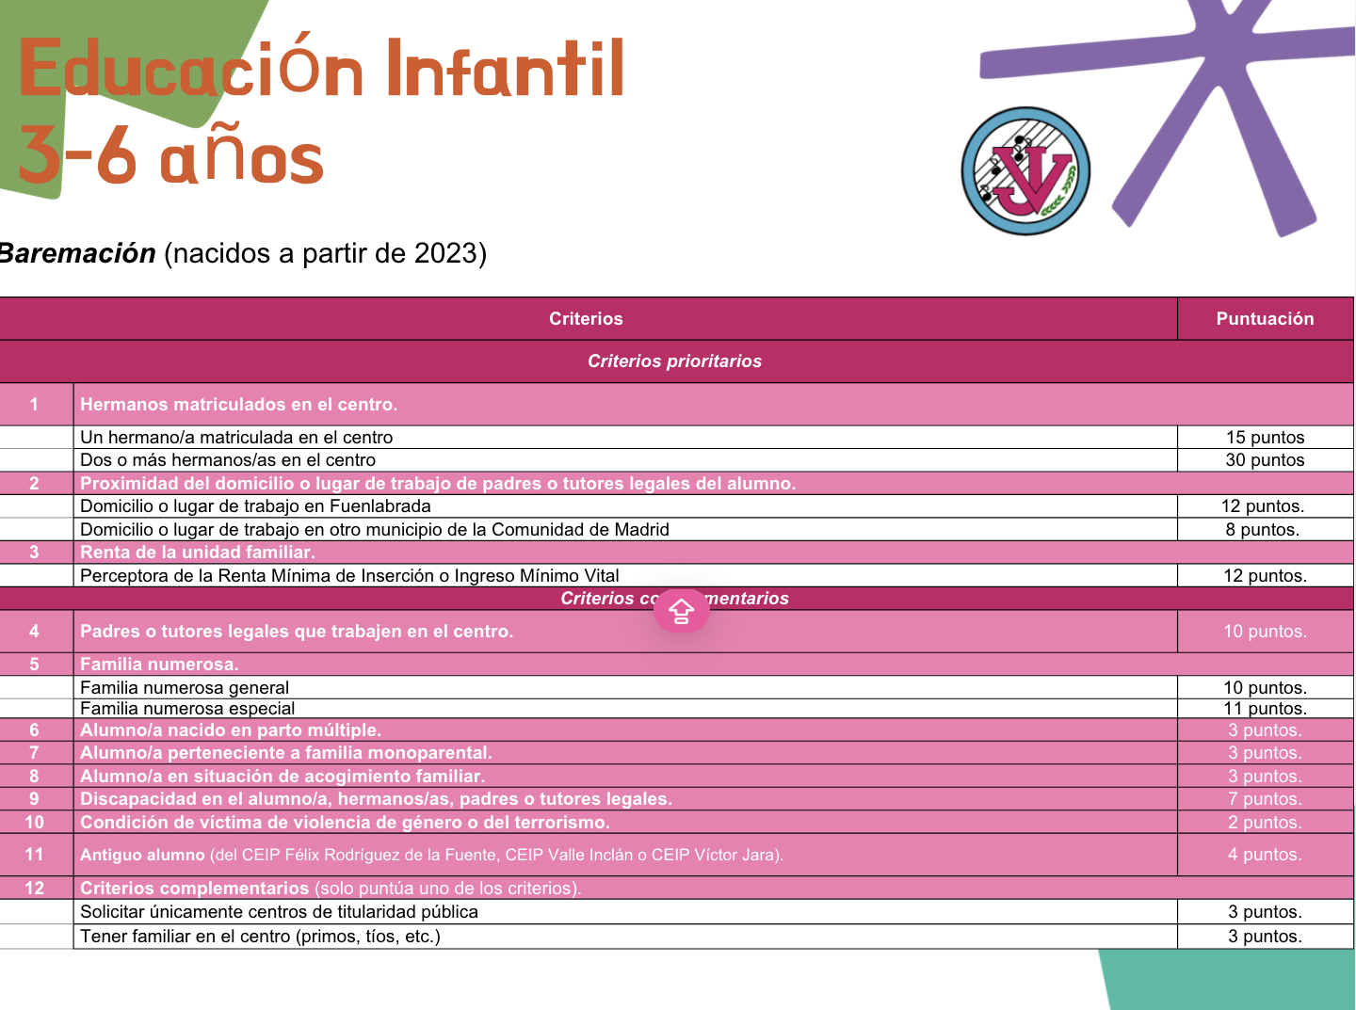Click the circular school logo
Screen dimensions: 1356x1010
[1025, 171]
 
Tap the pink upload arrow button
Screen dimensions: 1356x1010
[681, 610]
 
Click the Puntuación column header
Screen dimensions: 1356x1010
[1265, 318]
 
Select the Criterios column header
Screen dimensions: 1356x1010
[586, 318]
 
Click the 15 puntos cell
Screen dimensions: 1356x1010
[1265, 437]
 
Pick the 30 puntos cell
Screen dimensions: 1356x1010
[1265, 459]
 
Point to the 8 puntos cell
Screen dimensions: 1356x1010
[1262, 529]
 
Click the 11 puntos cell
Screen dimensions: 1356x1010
[1265, 709]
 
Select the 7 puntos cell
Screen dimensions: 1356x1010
[1265, 798]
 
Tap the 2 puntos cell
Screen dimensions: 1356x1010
[1265, 823]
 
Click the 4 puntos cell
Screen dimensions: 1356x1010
[1265, 854]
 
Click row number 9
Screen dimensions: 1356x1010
[34, 798]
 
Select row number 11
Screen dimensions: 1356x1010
[34, 854]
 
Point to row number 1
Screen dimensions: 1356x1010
[34, 404]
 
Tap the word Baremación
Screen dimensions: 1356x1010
[77, 254]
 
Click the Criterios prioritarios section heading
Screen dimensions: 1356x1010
[674, 361]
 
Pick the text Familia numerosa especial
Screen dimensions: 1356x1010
[187, 709]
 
